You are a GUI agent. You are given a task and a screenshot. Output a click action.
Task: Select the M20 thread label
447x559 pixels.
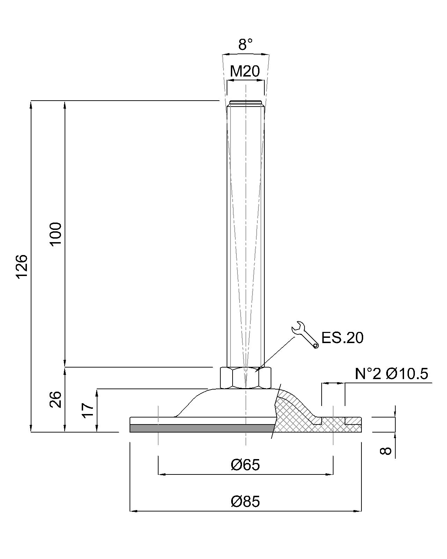(x=245, y=71)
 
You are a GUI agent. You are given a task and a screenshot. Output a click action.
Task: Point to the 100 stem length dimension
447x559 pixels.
(x=56, y=233)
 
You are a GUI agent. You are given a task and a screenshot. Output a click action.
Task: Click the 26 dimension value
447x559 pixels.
(x=56, y=399)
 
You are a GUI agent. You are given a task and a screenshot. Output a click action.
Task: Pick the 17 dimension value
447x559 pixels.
(x=88, y=410)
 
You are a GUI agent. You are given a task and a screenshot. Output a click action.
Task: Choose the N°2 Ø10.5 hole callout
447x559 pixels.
(x=391, y=374)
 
